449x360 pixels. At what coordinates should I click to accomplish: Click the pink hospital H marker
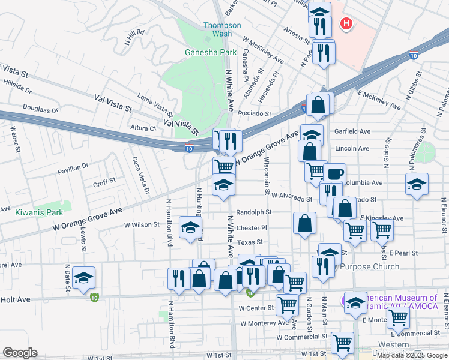(346, 23)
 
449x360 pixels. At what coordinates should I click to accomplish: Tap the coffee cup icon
(335, 174)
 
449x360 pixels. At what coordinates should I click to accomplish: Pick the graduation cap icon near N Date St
(84, 277)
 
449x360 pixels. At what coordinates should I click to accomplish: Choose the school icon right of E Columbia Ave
(415, 185)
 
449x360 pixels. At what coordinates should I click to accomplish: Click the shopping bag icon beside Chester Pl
(305, 223)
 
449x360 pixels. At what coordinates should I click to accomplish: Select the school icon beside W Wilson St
(191, 227)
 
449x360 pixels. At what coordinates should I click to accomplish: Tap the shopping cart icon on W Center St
(288, 304)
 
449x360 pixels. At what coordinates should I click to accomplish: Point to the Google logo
(20, 353)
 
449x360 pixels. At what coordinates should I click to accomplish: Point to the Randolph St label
(253, 212)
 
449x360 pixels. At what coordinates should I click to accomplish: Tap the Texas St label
(250, 242)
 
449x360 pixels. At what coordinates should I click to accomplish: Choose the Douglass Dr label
(40, 109)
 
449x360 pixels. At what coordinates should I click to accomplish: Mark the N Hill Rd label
(135, 37)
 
